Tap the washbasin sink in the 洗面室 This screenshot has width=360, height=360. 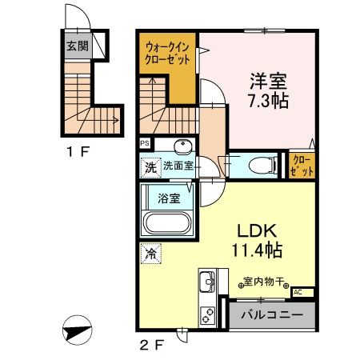pyautogui.click(x=182, y=147)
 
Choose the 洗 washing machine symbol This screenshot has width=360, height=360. pyautogui.click(x=150, y=168)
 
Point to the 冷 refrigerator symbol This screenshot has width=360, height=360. pyautogui.click(x=150, y=254)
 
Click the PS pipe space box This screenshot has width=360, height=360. pyautogui.click(x=145, y=144)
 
